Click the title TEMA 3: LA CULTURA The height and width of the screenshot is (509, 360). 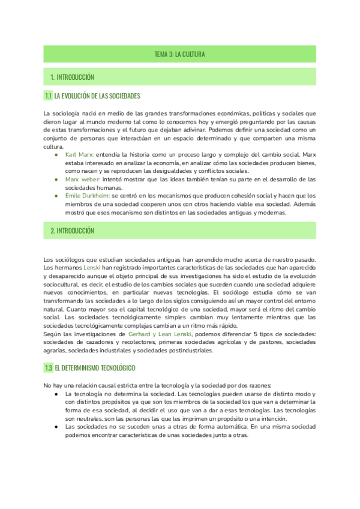click(180, 55)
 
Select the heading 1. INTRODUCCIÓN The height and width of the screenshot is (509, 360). click(72, 77)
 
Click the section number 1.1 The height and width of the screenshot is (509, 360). click(48, 96)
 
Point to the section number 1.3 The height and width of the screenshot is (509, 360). click(48, 367)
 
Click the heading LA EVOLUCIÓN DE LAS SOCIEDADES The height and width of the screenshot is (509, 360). click(97, 96)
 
